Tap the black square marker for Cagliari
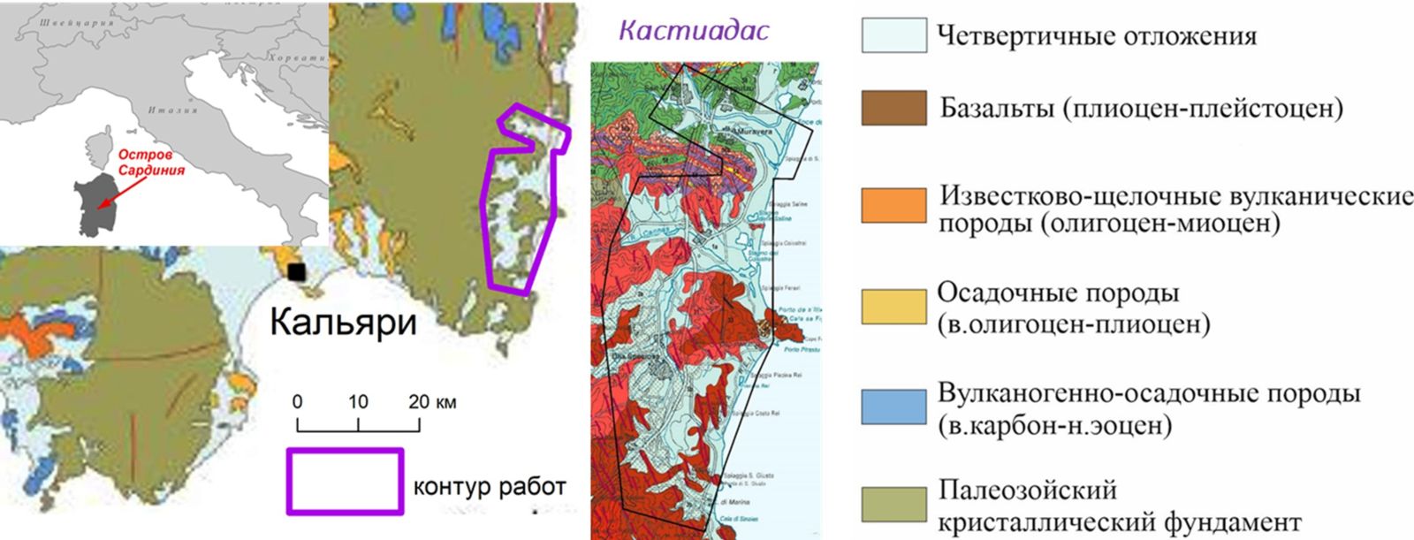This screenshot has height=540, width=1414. pyautogui.click(x=299, y=272)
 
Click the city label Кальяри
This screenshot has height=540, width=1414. pyautogui.click(x=343, y=322)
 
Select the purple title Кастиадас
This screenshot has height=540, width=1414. pyautogui.click(x=681, y=30)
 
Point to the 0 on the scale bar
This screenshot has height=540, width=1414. pyautogui.click(x=297, y=401)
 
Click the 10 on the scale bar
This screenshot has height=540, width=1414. pyautogui.click(x=357, y=401)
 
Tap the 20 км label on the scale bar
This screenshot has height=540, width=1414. pyautogui.click(x=432, y=401)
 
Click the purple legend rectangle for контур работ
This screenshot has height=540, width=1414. pyautogui.click(x=345, y=481)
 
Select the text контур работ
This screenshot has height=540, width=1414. pyautogui.click(x=489, y=485)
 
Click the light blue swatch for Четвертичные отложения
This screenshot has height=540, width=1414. pyautogui.click(x=893, y=36)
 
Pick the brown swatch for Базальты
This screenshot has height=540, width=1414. pyautogui.click(x=893, y=108)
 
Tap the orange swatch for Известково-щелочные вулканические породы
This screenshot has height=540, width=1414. pyautogui.click(x=893, y=204)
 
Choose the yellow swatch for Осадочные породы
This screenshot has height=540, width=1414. pyautogui.click(x=893, y=306)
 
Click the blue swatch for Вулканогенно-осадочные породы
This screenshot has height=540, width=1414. pyautogui.click(x=893, y=407)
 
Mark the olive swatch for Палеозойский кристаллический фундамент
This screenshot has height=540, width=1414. pyautogui.click(x=893, y=505)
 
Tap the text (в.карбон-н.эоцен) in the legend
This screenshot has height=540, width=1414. pyautogui.click(x=1054, y=426)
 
